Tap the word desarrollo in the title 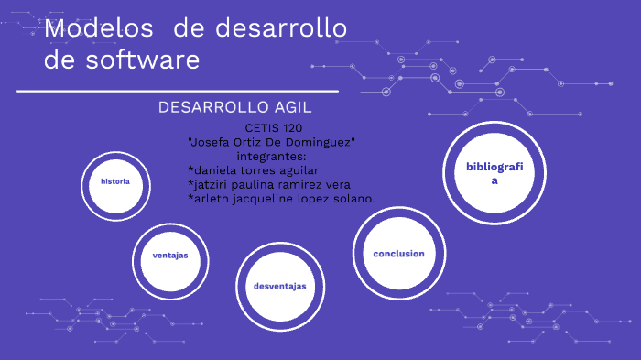coord(280,29)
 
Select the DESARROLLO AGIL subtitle coord(235,107)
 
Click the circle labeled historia coord(115,181)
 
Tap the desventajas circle coord(279,287)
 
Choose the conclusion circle coord(398,253)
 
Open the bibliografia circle coord(494,173)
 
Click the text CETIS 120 coord(274,128)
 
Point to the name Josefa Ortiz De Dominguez coord(271,142)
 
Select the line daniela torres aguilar coord(253,170)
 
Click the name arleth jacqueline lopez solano coord(281,199)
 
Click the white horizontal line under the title coord(178,92)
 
